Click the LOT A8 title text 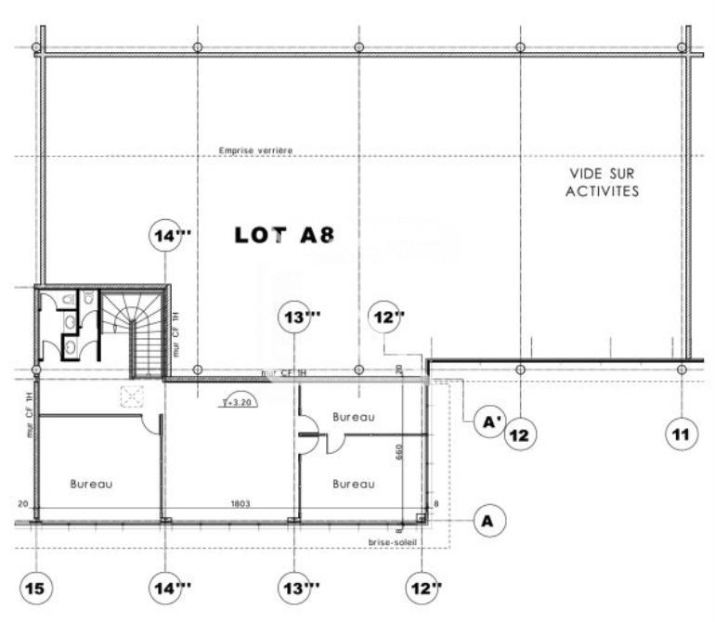pos(284,236)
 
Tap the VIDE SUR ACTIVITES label pos(604,183)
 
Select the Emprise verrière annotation pos(256,149)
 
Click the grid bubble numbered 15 pos(36,587)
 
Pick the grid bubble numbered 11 pos(682,434)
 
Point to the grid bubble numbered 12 pos(521,434)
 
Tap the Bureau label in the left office pos(92,484)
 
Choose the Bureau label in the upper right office pos(354,417)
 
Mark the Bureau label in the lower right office pos(354,484)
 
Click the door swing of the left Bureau pos(149,424)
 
